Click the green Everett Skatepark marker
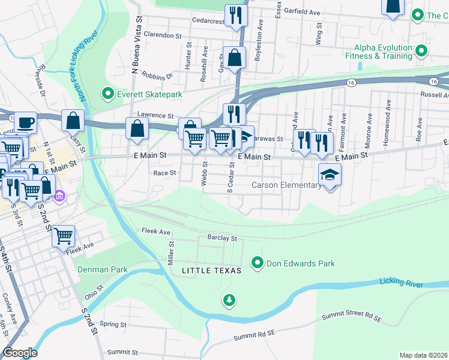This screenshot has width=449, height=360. tap(108, 94)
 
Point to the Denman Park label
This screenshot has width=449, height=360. tap(102, 269)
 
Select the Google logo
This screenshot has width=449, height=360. tap(19, 353)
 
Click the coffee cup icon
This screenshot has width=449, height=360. tap(25, 122)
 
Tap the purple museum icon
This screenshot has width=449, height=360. tap(59, 196)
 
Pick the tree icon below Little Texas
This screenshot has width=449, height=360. tap(229, 299)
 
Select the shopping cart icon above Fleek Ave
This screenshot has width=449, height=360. tap(63, 235)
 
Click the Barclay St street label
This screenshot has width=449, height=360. tap(222, 238)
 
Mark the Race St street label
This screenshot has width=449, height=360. tap(164, 173)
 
